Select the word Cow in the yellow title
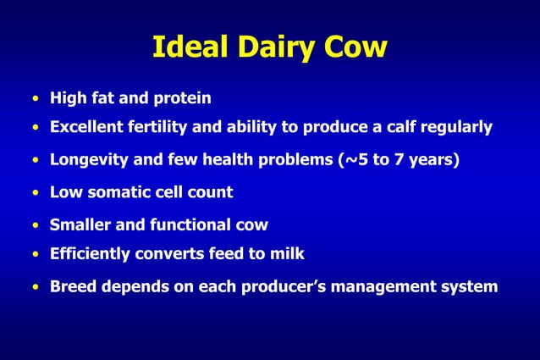click(357, 47)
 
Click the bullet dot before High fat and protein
click(36, 99)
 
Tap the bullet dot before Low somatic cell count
click(36, 193)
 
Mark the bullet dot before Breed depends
click(36, 287)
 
